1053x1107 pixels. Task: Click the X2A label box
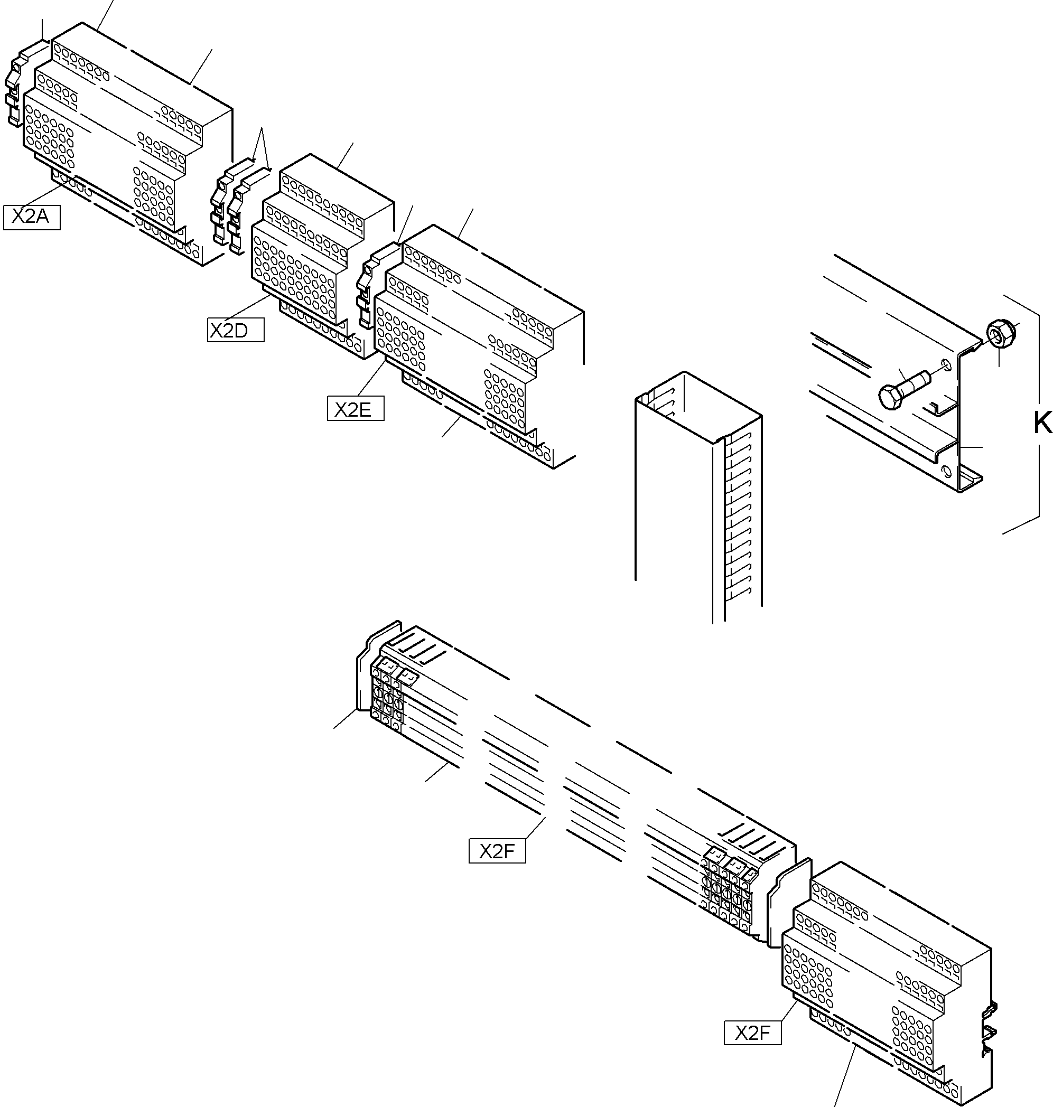(x=31, y=217)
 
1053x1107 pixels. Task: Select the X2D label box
(x=235, y=331)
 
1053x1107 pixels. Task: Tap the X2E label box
(x=355, y=409)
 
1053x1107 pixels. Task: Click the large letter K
(x=1042, y=424)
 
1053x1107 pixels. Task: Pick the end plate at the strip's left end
(x=365, y=668)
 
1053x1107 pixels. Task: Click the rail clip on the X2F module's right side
(x=990, y=1029)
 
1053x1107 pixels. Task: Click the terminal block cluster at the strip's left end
(x=387, y=696)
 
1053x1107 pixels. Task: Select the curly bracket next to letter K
(x=1027, y=415)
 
